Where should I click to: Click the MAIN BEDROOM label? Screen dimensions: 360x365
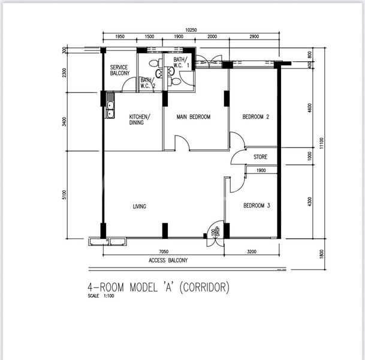[193, 117]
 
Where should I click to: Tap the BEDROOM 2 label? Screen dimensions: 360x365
[255, 117]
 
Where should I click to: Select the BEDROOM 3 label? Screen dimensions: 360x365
[256, 206]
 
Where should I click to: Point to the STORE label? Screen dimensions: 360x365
[260, 157]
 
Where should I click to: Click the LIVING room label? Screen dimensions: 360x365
[140, 206]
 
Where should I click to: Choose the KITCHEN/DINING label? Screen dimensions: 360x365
[140, 119]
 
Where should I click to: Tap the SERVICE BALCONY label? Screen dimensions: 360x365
[120, 70]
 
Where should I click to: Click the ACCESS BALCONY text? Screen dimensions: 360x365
[168, 260]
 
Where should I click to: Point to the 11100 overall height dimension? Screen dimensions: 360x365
[322, 142]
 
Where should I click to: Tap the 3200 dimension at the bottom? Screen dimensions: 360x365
[252, 253]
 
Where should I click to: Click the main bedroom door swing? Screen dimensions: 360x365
[182, 143]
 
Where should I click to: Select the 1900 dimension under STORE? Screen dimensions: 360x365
[261, 170]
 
